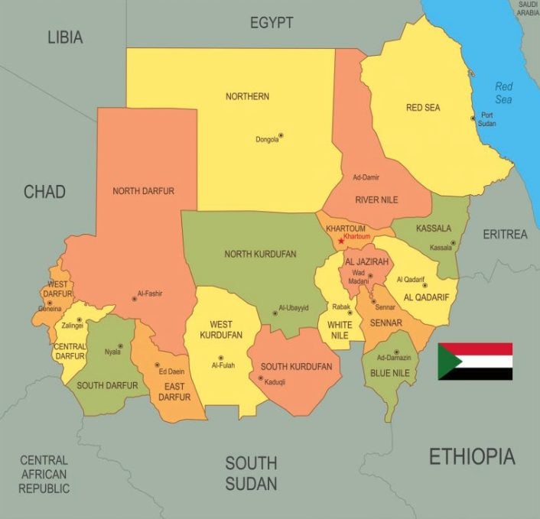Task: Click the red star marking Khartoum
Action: [x=340, y=242]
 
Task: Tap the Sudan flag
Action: [x=475, y=362]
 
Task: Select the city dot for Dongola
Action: [x=281, y=135]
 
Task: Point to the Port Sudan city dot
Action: [x=473, y=118]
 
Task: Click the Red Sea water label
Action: [x=503, y=92]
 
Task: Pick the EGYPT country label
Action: [x=272, y=23]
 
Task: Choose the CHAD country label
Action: [x=44, y=191]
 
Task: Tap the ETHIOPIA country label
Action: [x=471, y=457]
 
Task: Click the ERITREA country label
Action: [x=505, y=235]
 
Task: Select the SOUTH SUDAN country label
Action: [x=251, y=472]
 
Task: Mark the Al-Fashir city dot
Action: [x=134, y=298]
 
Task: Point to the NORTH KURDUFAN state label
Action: [x=260, y=254]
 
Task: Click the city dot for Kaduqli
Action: [x=260, y=378]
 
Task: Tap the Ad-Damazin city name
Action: [x=393, y=358]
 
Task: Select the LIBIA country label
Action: [x=65, y=37]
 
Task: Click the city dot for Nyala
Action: [x=120, y=346]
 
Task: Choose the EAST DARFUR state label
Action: [x=174, y=391]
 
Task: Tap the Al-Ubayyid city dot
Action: [x=275, y=313]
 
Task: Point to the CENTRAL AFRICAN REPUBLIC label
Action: [x=44, y=474]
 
